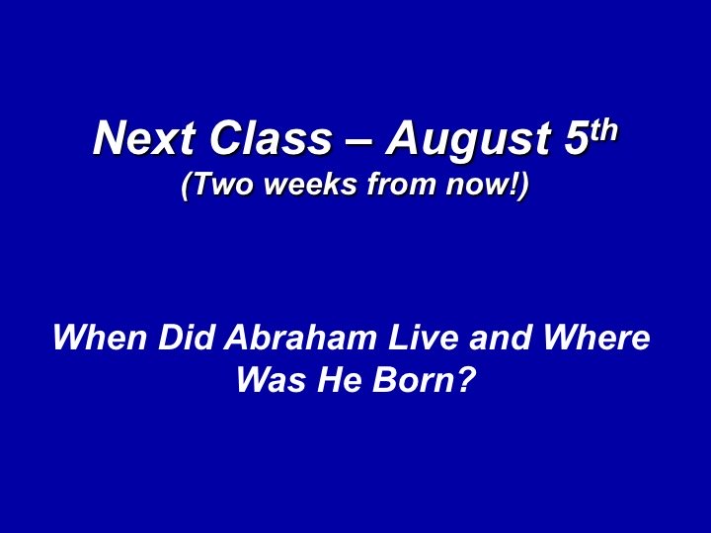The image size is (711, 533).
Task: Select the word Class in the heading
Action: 271,138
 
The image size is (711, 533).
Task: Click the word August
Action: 468,140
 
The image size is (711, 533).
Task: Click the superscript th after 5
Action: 603,129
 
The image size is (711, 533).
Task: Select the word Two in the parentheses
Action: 222,185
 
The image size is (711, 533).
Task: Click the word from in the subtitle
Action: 403,185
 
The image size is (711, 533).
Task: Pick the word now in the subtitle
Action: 478,188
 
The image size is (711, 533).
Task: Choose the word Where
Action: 596,338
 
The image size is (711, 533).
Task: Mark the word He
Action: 339,379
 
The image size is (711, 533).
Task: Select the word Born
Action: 413,379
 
